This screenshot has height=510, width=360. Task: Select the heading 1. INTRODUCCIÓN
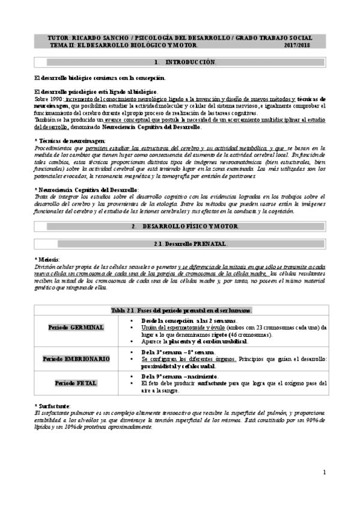point(185,62)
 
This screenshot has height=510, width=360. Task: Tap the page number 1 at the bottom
point(324,473)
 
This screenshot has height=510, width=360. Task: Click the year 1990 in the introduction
point(49,98)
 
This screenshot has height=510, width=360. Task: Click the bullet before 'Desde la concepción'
point(131,321)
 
